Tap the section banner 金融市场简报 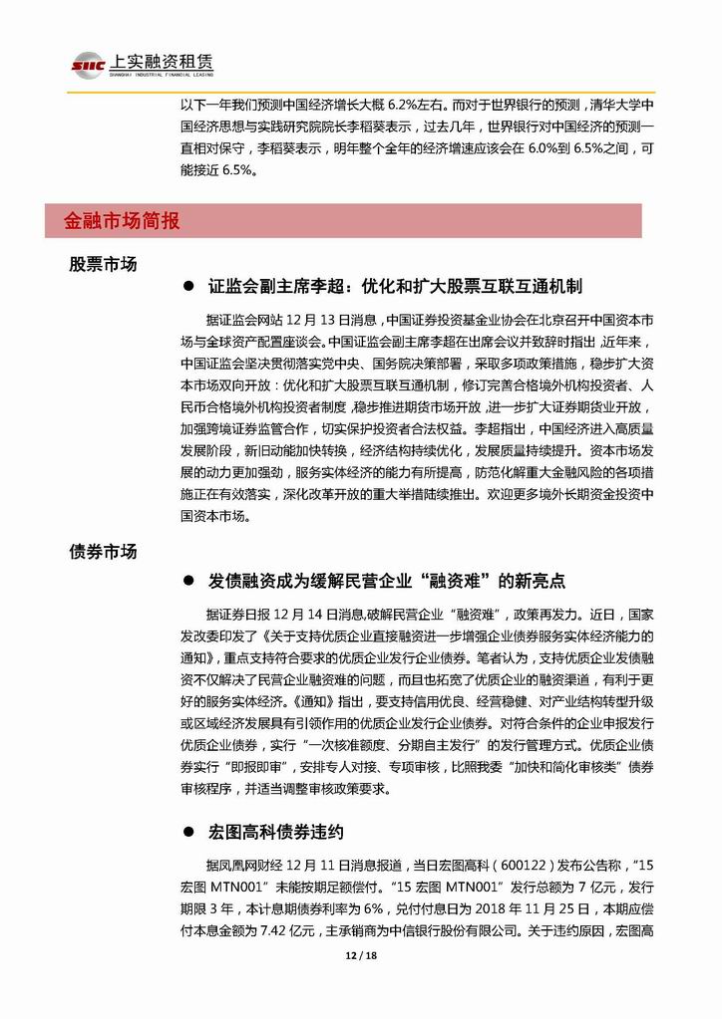[x=122, y=221]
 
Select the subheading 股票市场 [x=104, y=265]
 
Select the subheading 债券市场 [x=104, y=551]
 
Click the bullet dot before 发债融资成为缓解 [x=186, y=580]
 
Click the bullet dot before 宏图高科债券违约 [x=186, y=831]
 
